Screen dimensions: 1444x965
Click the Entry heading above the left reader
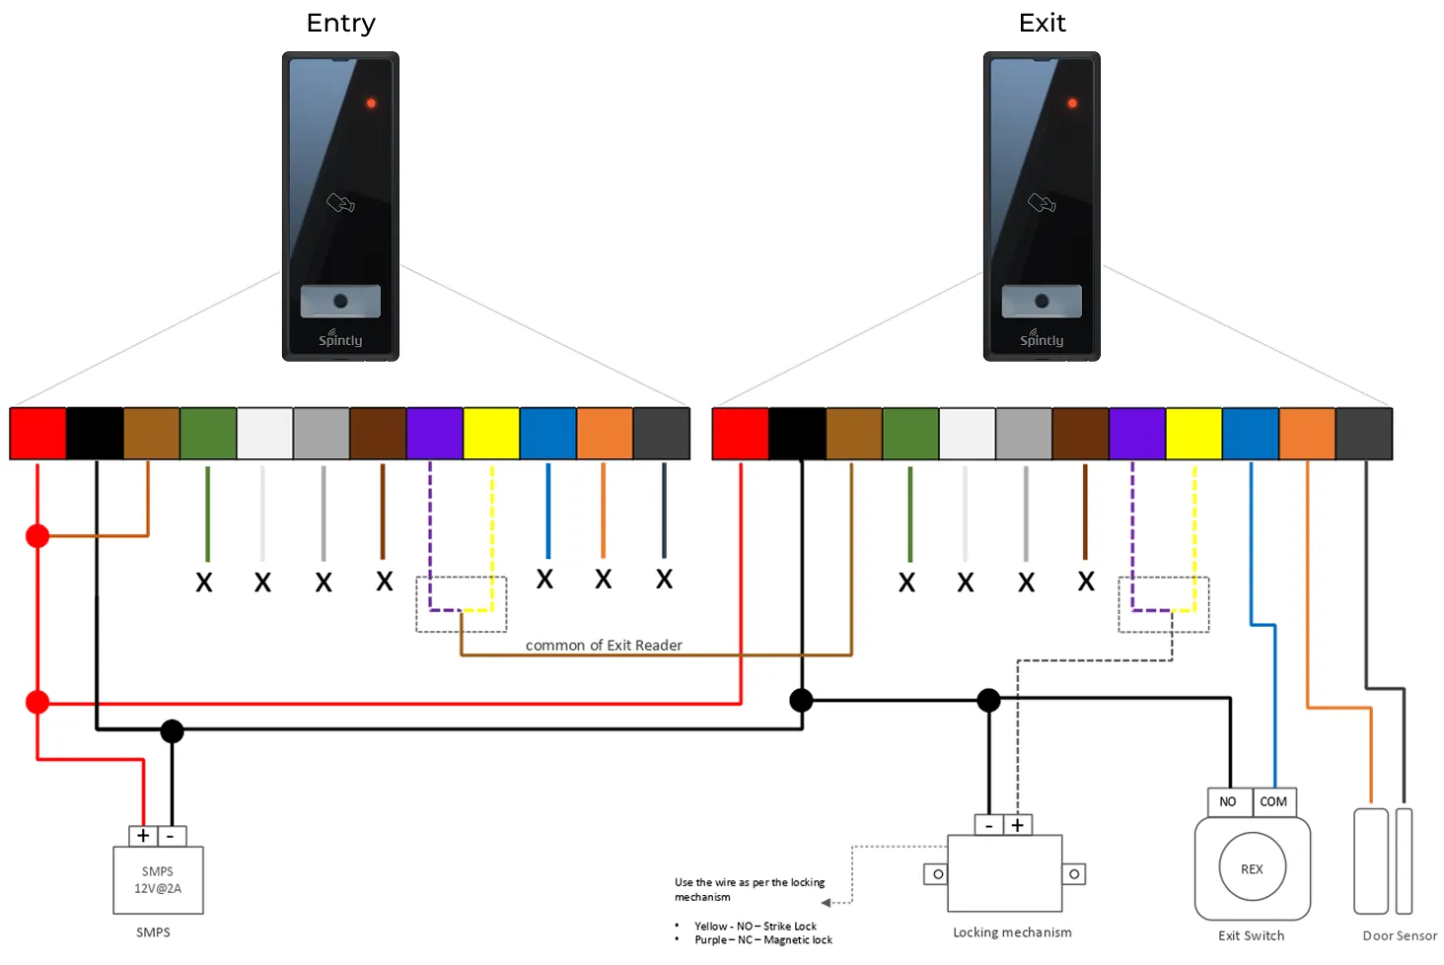pyautogui.click(x=340, y=24)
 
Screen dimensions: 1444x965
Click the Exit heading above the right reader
pyautogui.click(x=1042, y=24)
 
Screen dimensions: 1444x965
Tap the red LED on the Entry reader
pyautogui.click(x=371, y=103)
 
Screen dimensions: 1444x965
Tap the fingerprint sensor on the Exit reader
pyautogui.click(x=1042, y=301)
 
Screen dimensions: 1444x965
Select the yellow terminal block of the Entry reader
pyautogui.click(x=491, y=433)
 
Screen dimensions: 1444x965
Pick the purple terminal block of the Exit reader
pyautogui.click(x=1137, y=433)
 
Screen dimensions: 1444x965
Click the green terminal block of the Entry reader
pyautogui.click(x=208, y=433)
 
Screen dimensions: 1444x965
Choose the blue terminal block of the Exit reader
pyautogui.click(x=1251, y=433)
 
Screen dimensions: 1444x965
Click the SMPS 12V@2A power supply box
pyautogui.click(x=158, y=880)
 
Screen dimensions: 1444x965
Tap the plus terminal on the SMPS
pyautogui.click(x=142, y=836)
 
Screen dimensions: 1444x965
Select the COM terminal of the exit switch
pyautogui.click(x=1273, y=802)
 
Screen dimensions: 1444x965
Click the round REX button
pyautogui.click(x=1252, y=868)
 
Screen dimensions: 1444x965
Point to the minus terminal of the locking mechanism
pyautogui.click(x=989, y=825)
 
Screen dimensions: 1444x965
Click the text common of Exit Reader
pyautogui.click(x=604, y=645)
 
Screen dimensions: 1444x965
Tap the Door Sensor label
pyautogui.click(x=1400, y=935)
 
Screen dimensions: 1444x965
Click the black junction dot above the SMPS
pyautogui.click(x=172, y=731)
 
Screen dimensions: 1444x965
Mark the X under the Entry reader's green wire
pyautogui.click(x=204, y=583)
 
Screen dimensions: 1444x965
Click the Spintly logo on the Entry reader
pyautogui.click(x=340, y=338)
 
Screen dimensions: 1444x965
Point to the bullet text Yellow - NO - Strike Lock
pyautogui.click(x=756, y=926)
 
